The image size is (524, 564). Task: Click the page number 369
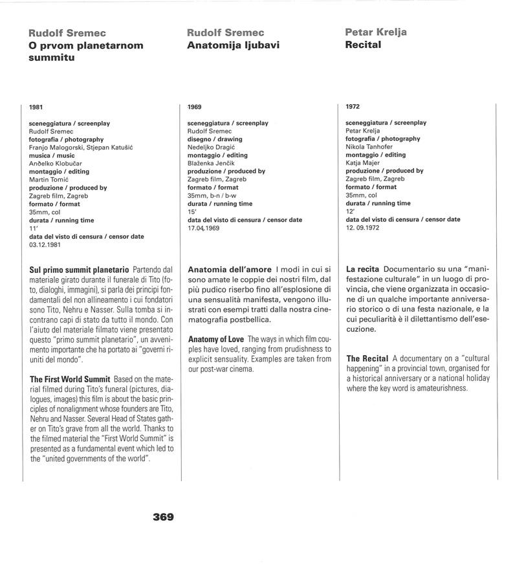(163, 517)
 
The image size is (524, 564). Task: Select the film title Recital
(363, 45)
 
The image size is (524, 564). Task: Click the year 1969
(194, 106)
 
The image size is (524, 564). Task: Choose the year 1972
(353, 106)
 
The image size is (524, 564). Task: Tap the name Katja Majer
(362, 163)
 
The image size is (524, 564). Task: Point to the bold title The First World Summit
(71, 378)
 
